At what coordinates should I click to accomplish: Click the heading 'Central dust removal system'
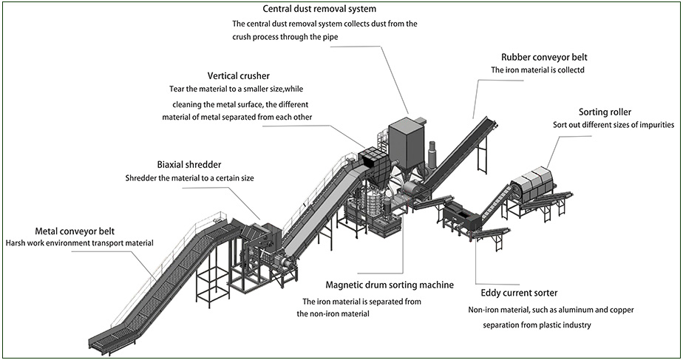pos(319,9)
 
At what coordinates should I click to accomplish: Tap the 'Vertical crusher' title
pos(238,76)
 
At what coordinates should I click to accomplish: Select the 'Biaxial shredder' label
pos(189,165)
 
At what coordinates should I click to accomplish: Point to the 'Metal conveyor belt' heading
pos(75,231)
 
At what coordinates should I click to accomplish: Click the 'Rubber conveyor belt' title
pos(544,57)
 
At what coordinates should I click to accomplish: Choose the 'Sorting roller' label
pos(605,112)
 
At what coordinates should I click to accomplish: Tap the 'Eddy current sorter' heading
pos(519,293)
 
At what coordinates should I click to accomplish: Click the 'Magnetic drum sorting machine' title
pos(390,285)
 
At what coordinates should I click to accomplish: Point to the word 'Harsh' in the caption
pos(16,242)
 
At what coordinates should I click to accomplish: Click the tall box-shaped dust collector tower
pos(405,140)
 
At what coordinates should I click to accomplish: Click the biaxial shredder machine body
pos(259,244)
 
